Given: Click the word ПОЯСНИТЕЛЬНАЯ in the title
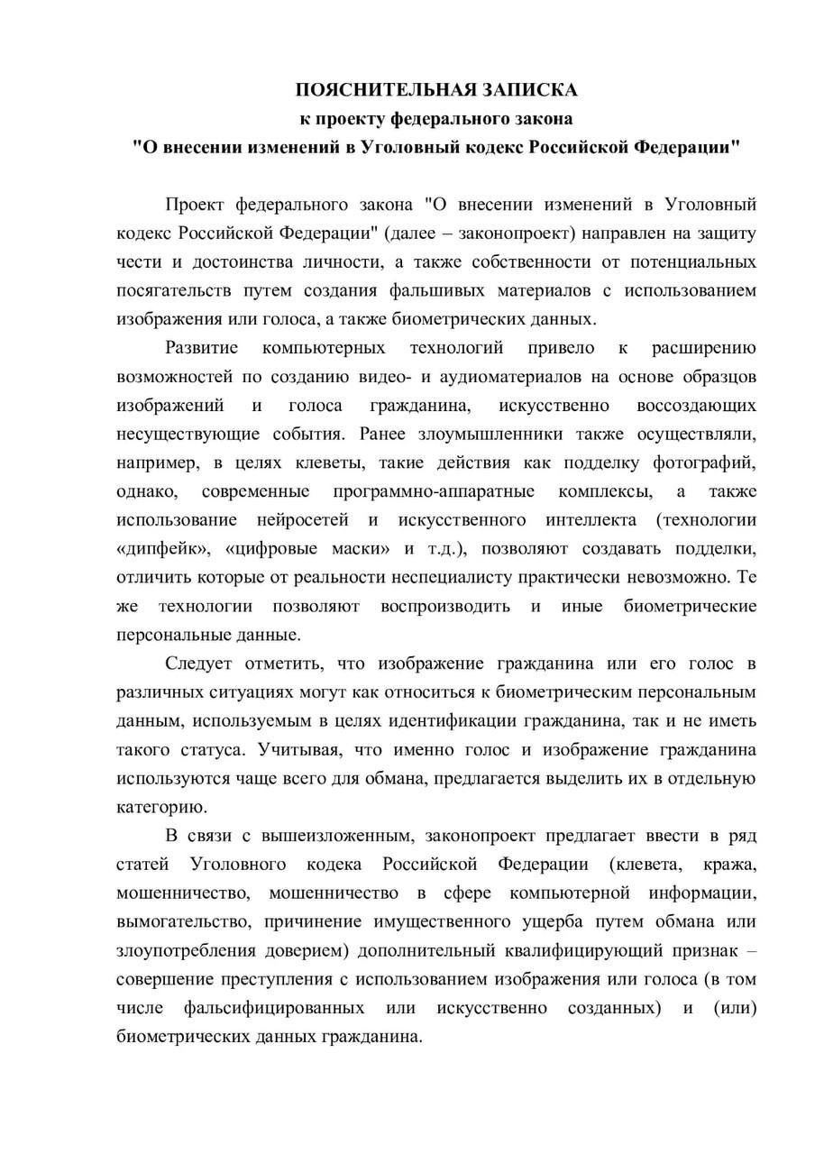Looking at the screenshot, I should tap(379, 90).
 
